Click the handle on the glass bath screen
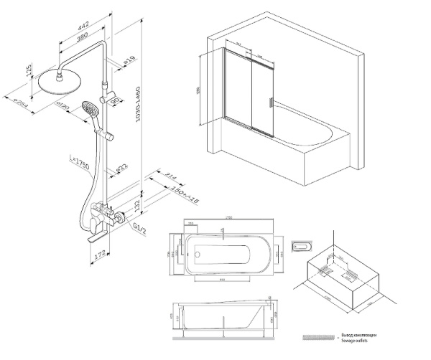(x=271, y=101)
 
